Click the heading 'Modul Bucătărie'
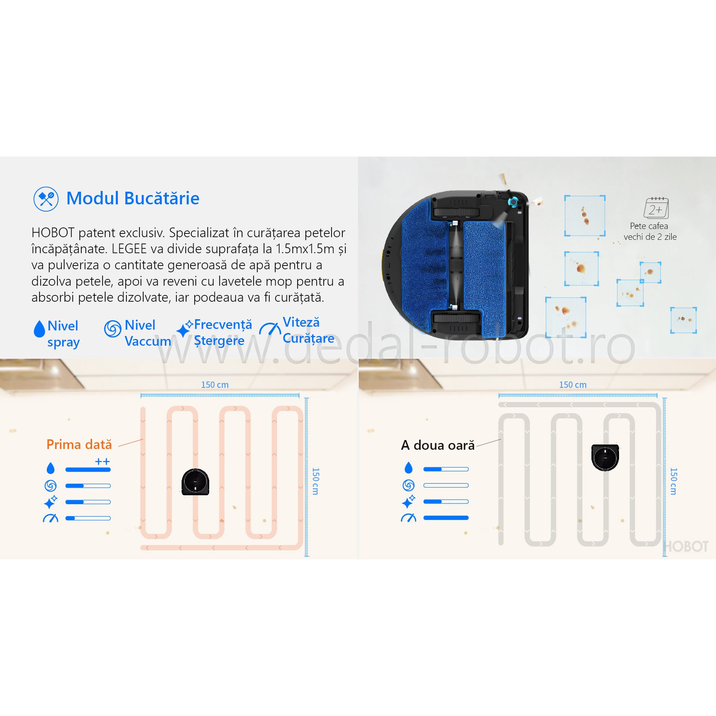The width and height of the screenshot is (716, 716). (133, 198)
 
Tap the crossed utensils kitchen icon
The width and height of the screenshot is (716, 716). (46, 199)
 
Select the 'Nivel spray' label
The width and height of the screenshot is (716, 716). (63, 334)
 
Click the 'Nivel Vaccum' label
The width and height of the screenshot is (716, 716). (147, 333)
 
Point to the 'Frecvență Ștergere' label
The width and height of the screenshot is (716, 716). (223, 332)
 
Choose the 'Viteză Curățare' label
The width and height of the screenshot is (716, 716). (308, 330)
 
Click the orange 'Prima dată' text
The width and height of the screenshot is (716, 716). (79, 445)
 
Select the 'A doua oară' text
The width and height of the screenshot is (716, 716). (437, 445)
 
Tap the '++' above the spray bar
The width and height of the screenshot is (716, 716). (102, 462)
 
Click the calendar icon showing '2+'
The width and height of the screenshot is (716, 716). (656, 208)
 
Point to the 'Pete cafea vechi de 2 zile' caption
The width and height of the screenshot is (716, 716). (650, 231)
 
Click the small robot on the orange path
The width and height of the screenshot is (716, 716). (195, 482)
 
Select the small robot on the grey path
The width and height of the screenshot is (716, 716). (605, 457)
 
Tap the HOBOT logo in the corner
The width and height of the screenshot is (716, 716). (687, 547)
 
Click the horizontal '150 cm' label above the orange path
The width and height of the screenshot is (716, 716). (215, 385)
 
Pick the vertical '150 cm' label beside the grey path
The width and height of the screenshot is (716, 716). (673, 481)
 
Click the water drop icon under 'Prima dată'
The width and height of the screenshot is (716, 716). (51, 468)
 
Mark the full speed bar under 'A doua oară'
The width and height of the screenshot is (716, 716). (446, 518)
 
